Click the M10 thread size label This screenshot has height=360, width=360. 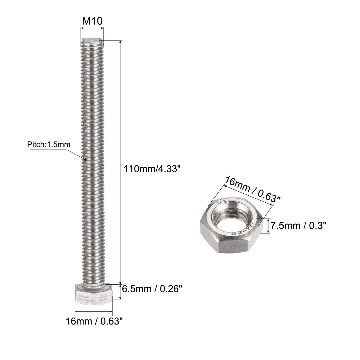click(x=92, y=21)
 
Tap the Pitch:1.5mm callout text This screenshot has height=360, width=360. click(x=49, y=145)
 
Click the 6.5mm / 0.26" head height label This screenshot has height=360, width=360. click(x=152, y=289)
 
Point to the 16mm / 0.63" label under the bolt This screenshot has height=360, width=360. click(x=94, y=321)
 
